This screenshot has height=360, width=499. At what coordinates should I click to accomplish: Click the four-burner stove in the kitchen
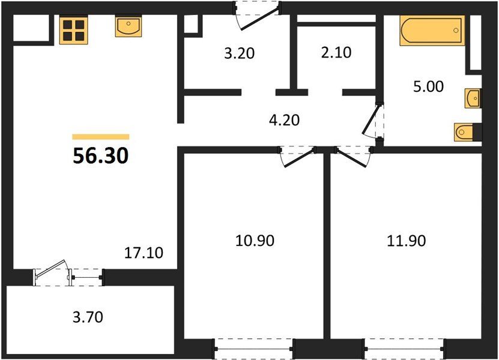click(x=73, y=30)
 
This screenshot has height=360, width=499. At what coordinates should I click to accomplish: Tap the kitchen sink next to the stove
click(x=129, y=27)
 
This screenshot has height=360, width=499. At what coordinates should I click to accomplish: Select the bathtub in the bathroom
click(x=432, y=31)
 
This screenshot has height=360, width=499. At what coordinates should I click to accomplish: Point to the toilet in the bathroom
click(x=464, y=131)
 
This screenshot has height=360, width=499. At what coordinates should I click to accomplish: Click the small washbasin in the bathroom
click(x=473, y=98)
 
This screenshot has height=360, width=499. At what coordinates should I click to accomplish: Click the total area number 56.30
click(x=100, y=156)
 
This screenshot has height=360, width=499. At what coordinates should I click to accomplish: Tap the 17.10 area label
click(x=144, y=253)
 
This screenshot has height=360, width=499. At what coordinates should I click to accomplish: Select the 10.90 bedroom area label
click(x=255, y=241)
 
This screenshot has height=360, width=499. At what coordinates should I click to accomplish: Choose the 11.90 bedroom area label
click(x=407, y=241)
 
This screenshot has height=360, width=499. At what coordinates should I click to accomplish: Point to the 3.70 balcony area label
click(x=88, y=317)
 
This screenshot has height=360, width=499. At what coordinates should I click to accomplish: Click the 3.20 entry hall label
click(x=240, y=53)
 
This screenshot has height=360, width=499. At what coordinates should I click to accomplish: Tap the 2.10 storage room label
click(x=336, y=52)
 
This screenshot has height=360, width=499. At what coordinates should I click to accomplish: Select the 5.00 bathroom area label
click(x=428, y=86)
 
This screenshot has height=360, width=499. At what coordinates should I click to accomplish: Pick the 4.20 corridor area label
click(x=285, y=120)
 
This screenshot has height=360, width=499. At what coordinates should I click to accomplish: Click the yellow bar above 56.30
click(x=101, y=137)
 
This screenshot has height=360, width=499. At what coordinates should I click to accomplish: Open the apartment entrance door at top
click(x=257, y=16)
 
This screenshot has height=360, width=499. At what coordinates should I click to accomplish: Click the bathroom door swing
click(x=373, y=121)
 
